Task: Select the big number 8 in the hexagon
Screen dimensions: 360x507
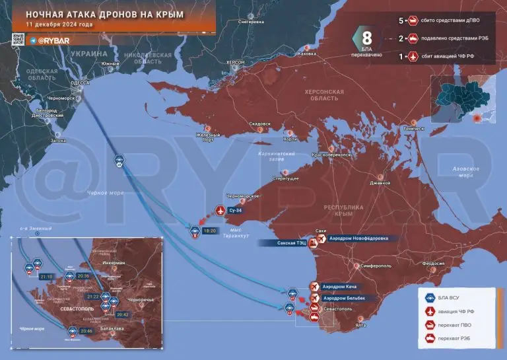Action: (x=367, y=37)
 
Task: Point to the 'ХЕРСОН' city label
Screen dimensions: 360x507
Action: (x=235, y=63)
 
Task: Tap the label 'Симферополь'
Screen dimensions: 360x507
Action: (x=374, y=266)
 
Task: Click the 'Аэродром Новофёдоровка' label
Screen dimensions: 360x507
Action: (x=360, y=238)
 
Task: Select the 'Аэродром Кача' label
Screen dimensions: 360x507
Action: (x=345, y=286)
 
